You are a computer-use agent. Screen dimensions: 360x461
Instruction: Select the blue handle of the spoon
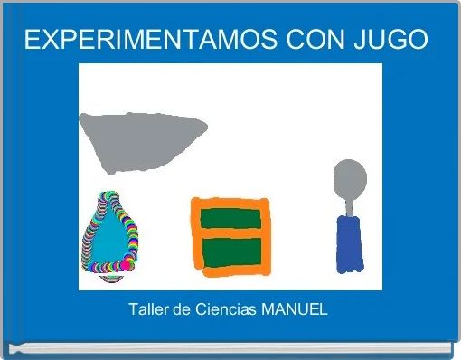pyautogui.click(x=349, y=244)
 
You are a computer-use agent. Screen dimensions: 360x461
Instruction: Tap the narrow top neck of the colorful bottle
pyautogui.click(x=110, y=201)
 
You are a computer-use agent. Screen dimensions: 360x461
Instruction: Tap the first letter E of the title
pyautogui.click(x=33, y=41)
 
